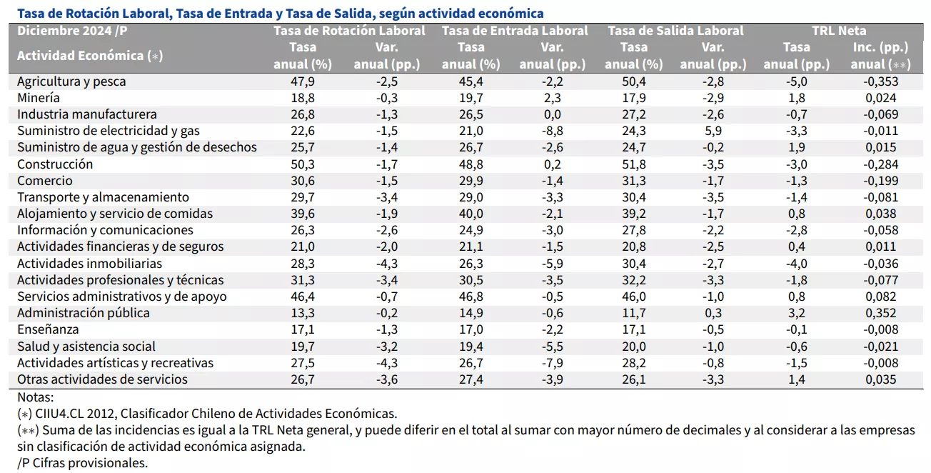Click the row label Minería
pyautogui.click(x=39, y=98)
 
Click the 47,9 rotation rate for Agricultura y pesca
pyautogui.click(x=303, y=81)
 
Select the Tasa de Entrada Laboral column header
pyautogui.click(x=515, y=31)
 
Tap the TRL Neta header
pyautogui.click(x=839, y=31)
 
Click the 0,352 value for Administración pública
pyautogui.click(x=881, y=313)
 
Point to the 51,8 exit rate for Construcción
pyautogui.click(x=634, y=164)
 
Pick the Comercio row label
pyautogui.click(x=45, y=181)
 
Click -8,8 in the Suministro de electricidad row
pyautogui.click(x=553, y=131)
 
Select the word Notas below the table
pyautogui.click(x=35, y=397)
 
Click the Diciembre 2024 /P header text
pyautogui.click(x=72, y=31)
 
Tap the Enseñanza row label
pyautogui.click(x=48, y=329)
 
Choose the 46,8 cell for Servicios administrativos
pyautogui.click(x=471, y=297)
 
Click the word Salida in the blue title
pyautogui.click(x=349, y=14)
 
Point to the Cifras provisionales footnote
pyautogui.click(x=82, y=463)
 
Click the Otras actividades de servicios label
pyautogui.click(x=102, y=379)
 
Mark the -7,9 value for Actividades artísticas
pyautogui.click(x=553, y=363)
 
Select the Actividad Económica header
pyautogui.click(x=90, y=56)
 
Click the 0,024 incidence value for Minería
pyautogui.click(x=881, y=98)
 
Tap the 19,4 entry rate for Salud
pyautogui.click(x=471, y=346)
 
